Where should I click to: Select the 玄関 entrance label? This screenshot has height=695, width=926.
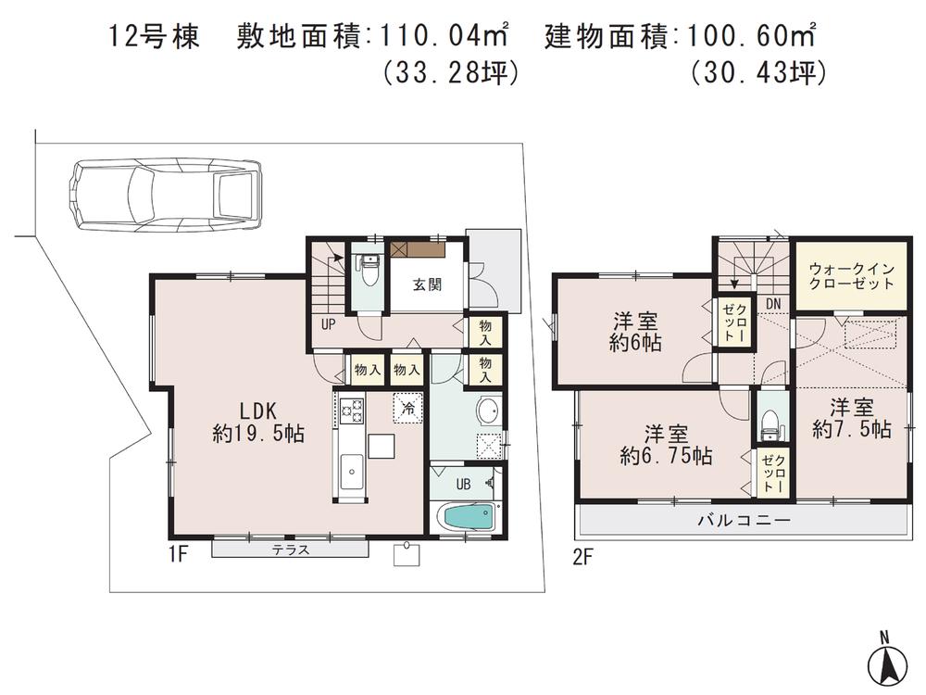tap(427, 284)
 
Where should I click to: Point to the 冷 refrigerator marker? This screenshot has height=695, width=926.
tap(407, 406)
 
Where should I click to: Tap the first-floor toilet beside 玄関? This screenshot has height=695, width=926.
tap(368, 270)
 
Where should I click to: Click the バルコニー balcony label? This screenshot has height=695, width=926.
tap(744, 521)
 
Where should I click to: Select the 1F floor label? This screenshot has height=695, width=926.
tap(180, 555)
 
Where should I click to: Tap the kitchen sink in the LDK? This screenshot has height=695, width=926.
tap(351, 473)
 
